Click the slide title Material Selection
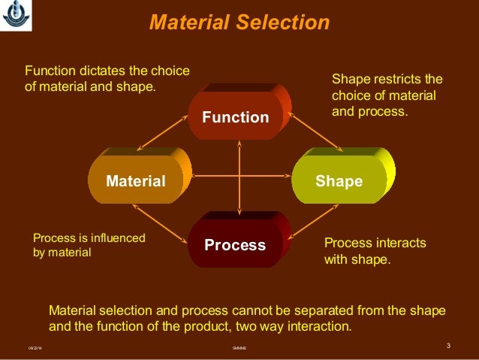(239, 23)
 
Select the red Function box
(235, 117)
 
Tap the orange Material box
(135, 181)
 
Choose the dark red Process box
(235, 245)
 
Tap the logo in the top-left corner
(12, 13)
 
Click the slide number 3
(447, 346)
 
